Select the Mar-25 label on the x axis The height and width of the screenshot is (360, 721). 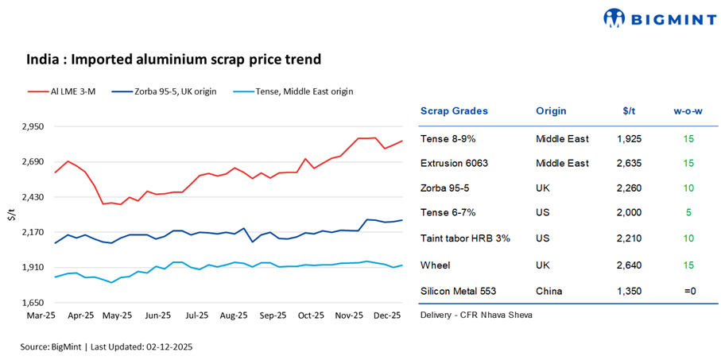point(41,316)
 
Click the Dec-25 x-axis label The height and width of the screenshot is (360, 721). point(388,316)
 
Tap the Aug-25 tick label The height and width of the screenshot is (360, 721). point(234,316)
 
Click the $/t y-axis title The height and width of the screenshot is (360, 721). point(10,215)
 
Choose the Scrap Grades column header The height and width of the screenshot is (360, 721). point(454,111)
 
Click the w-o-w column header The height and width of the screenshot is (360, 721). point(688,111)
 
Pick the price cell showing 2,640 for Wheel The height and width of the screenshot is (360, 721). point(629,265)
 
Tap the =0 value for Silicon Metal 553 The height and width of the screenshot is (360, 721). point(688,291)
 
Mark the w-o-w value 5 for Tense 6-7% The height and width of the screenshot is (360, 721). point(688,213)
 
